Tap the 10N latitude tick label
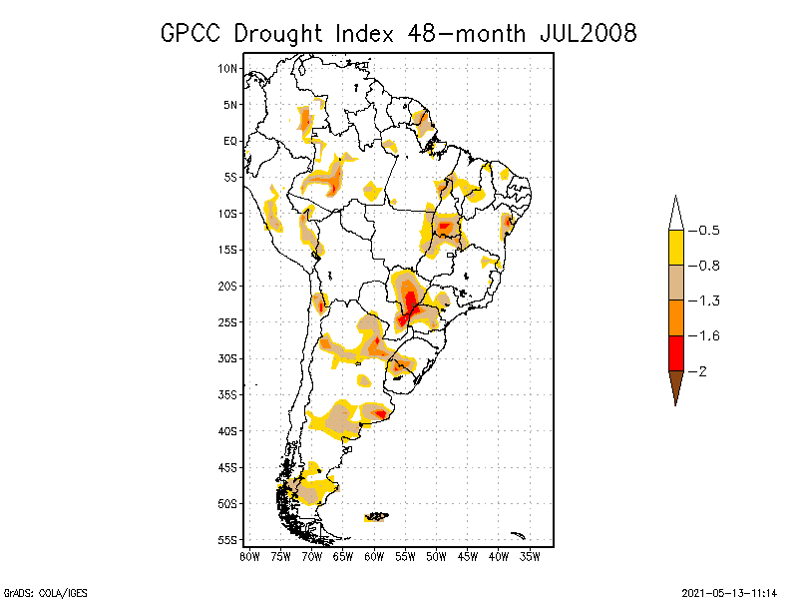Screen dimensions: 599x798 pyautogui.click(x=228, y=68)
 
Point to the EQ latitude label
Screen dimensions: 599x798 pyautogui.click(x=230, y=141)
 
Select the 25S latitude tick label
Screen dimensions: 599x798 pyautogui.click(x=228, y=321)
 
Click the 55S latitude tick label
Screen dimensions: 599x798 pyautogui.click(x=228, y=539)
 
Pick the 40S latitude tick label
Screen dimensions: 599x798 pyautogui.click(x=228, y=430)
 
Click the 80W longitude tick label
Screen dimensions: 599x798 pyautogui.click(x=249, y=555)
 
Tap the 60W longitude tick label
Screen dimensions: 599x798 pyautogui.click(x=374, y=555)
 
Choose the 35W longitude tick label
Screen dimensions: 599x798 pyautogui.click(x=530, y=555)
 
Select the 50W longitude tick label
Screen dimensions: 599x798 pyautogui.click(x=436, y=555)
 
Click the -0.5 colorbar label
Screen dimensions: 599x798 pyautogui.click(x=709, y=230)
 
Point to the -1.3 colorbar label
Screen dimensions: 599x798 pyautogui.click(x=709, y=300)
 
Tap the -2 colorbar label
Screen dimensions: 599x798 pyautogui.click(x=702, y=371)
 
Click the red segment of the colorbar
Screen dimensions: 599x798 pyautogui.click(x=675, y=352)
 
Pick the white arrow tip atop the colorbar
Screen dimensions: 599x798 pyautogui.click(x=675, y=214)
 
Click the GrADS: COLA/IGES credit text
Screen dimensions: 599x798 pyautogui.click(x=40, y=591)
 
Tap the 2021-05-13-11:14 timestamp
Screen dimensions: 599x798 pyautogui.click(x=729, y=591)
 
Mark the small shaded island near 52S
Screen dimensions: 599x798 pyautogui.click(x=376, y=516)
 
